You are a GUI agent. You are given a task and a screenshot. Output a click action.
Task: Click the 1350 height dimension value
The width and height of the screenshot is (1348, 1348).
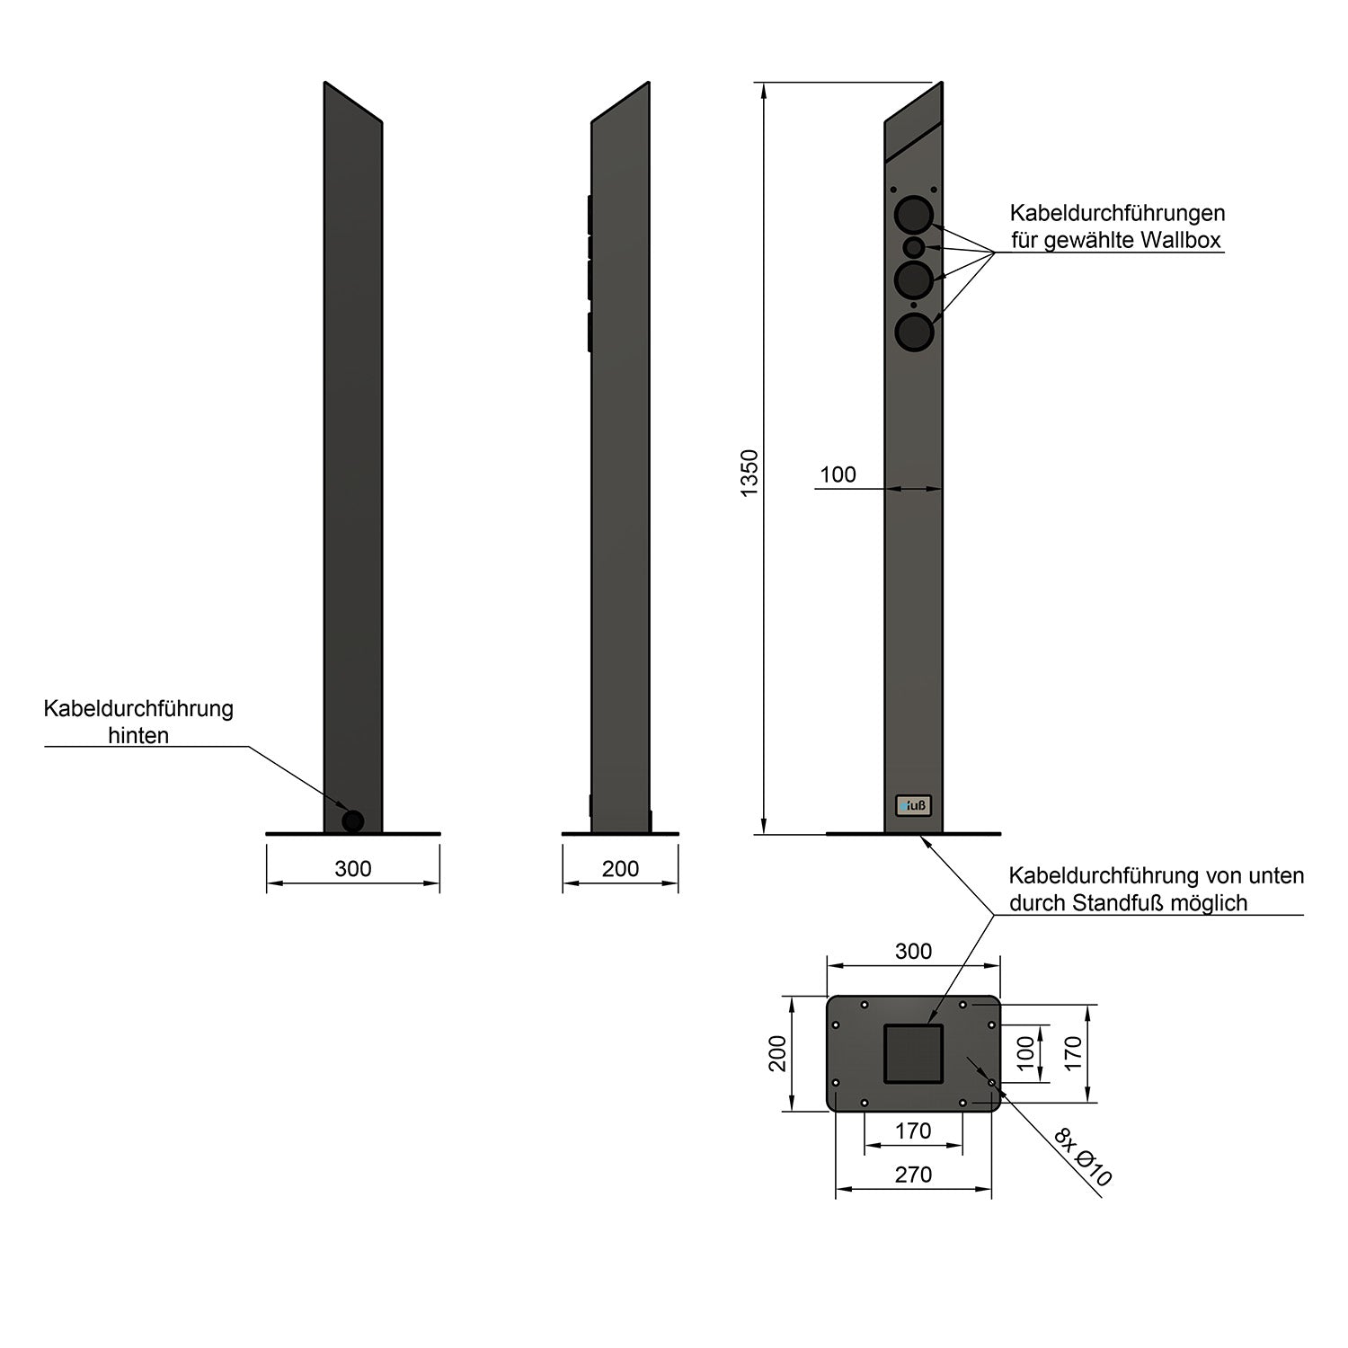click(750, 474)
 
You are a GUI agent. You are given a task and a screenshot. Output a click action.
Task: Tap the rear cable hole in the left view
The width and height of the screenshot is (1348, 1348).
click(353, 820)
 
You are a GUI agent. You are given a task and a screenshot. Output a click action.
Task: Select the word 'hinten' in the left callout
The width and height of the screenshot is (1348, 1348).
click(138, 736)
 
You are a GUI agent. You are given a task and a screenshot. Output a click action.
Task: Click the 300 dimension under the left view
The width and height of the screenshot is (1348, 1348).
click(353, 869)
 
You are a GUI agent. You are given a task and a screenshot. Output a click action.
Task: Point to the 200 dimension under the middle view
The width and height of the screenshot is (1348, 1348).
click(620, 869)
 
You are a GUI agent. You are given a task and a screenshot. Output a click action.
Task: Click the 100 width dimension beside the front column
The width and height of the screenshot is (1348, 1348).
click(838, 475)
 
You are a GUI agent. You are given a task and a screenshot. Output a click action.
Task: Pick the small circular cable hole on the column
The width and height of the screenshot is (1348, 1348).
click(914, 246)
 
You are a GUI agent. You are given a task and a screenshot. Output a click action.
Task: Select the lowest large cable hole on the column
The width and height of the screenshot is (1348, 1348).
click(914, 333)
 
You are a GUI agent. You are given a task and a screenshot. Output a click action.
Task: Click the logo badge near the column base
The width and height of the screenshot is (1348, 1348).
click(914, 806)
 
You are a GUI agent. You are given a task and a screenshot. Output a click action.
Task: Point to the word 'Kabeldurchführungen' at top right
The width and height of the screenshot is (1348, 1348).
click(1117, 214)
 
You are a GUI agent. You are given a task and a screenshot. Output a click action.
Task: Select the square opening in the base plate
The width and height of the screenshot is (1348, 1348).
click(914, 1053)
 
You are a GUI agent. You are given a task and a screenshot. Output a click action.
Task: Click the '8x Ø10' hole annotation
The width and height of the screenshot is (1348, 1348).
click(1084, 1159)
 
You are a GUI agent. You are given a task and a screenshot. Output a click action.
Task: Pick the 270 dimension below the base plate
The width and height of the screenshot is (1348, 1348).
click(914, 1175)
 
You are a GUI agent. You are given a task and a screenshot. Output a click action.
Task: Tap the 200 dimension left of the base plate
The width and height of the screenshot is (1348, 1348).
click(778, 1053)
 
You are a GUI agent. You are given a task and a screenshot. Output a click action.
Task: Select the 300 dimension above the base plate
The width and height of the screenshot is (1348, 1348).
click(914, 952)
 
